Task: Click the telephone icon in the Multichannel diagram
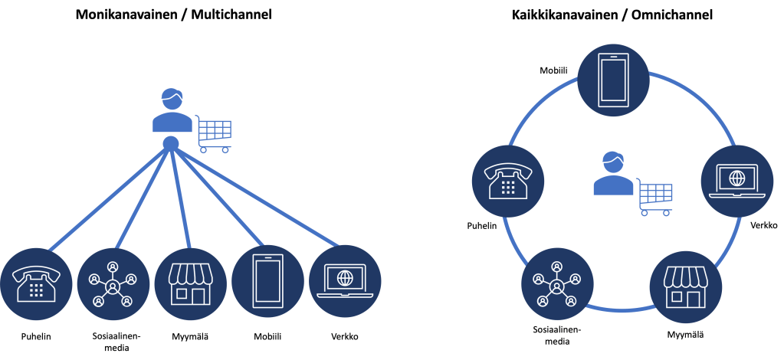point(36,283)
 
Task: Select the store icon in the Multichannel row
point(190,283)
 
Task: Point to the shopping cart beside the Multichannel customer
point(214,134)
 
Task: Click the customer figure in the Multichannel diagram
point(172,113)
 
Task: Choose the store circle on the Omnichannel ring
point(684,283)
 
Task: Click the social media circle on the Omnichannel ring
point(557,283)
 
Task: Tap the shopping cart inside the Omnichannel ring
point(655,198)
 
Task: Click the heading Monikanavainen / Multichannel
point(174,14)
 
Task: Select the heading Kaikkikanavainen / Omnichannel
point(612,14)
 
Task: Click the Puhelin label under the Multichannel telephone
point(36,336)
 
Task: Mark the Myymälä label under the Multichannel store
point(190,336)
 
